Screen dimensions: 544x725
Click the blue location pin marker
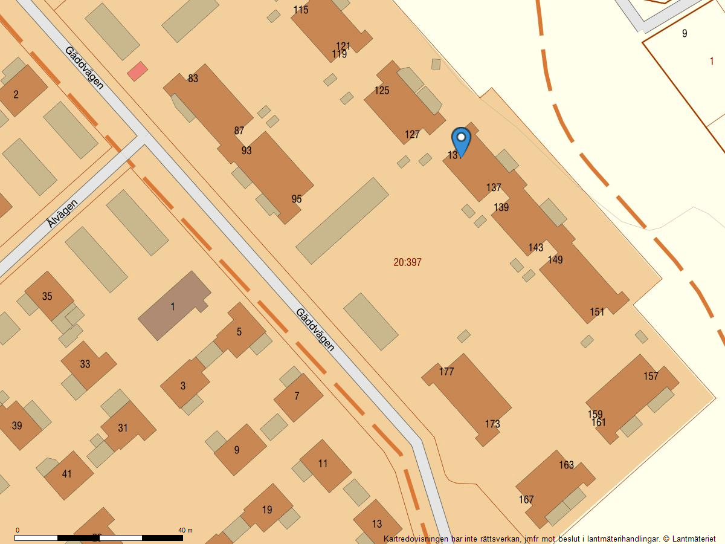(461, 141)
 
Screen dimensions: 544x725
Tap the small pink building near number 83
(137, 71)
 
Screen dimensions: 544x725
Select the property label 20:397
(407, 262)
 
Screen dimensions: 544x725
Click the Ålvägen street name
(62, 214)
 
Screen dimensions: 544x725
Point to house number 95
(296, 199)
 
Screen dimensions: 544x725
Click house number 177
(446, 372)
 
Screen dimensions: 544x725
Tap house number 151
(597, 312)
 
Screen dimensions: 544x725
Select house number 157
(651, 376)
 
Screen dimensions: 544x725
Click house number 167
(526, 499)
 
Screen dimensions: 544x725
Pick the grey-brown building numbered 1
(173, 306)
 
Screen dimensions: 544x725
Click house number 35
(47, 296)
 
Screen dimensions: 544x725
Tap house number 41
(66, 474)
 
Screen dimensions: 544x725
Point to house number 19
(267, 510)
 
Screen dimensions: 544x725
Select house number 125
(382, 91)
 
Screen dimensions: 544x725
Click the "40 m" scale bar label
(185, 530)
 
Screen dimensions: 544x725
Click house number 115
(301, 10)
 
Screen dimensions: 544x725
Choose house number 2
(16, 94)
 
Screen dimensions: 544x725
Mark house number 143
(535, 247)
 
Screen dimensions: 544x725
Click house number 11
(323, 464)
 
